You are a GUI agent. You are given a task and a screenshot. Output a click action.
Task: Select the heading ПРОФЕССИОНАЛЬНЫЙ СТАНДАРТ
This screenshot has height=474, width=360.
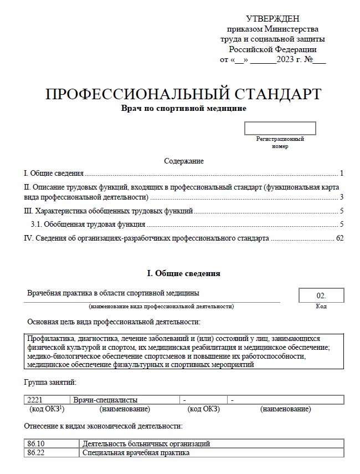point(183,94)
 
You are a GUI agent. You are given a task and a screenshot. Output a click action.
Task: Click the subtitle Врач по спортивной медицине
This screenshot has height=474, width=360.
point(183,109)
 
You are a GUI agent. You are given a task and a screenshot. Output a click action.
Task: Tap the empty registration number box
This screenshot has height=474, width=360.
point(280,129)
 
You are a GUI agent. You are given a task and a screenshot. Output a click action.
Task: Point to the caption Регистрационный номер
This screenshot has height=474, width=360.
point(280,142)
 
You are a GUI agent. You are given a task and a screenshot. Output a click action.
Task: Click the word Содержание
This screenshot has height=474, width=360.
point(184,161)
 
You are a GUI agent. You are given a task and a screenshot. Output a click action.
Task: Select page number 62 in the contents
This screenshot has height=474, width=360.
point(340,238)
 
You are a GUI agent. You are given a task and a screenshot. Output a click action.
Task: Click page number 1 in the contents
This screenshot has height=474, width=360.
point(342,173)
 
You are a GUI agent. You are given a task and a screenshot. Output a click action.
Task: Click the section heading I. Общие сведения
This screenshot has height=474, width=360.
point(183,273)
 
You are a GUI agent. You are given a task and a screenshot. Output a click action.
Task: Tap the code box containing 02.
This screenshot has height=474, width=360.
point(321,295)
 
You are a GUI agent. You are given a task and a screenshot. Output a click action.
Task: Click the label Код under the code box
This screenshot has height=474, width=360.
point(321,307)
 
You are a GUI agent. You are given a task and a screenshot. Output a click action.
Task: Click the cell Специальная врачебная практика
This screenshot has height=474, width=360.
point(136,453)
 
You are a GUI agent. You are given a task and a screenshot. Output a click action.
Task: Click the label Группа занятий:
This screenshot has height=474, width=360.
point(50,383)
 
